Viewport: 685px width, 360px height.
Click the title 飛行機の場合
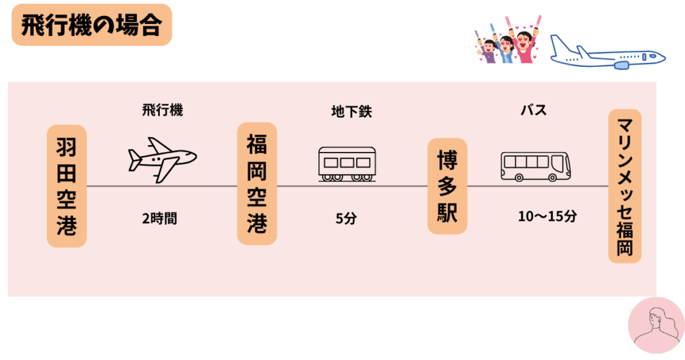click(x=92, y=25)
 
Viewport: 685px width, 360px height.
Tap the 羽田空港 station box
click(x=66, y=185)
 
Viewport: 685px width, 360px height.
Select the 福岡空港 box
click(x=257, y=183)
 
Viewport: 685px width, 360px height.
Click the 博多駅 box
click(x=448, y=186)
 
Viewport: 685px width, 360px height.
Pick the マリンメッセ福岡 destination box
click(x=625, y=186)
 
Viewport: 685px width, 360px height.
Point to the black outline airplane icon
click(x=163, y=159)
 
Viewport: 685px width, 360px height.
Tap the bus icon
click(x=536, y=165)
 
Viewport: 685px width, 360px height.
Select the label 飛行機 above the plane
click(x=162, y=110)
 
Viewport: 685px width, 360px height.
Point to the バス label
click(x=534, y=110)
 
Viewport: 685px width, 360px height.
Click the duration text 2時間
click(x=160, y=218)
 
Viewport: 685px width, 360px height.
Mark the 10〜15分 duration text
click(x=547, y=217)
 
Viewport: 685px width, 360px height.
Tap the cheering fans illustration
click(x=506, y=42)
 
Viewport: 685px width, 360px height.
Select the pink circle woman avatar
click(x=656, y=325)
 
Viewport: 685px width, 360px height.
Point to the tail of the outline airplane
click(x=135, y=159)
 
